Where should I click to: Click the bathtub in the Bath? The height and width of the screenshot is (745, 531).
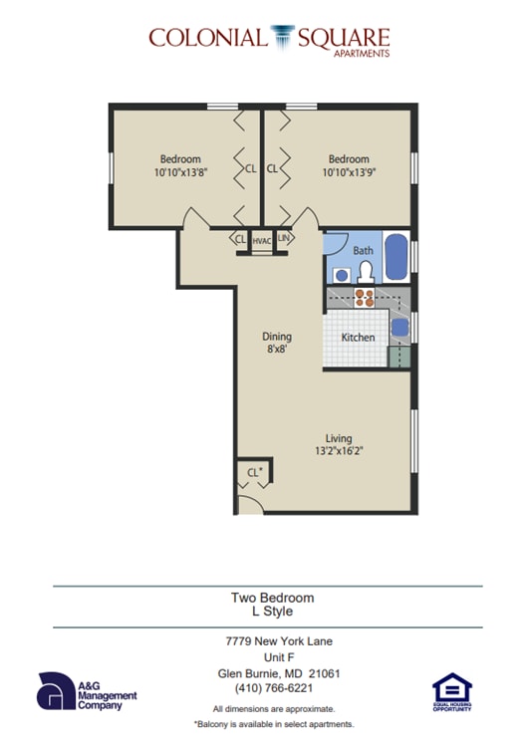tap(395, 257)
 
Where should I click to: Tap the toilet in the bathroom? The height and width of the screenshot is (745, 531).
tap(365, 270)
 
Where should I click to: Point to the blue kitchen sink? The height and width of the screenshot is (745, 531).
tap(399, 328)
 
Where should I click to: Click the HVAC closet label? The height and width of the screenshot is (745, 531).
tap(262, 240)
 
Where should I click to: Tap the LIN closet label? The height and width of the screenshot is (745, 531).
tap(283, 239)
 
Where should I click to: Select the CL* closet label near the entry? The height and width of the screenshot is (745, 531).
tap(254, 472)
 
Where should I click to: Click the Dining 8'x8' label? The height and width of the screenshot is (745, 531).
tap(277, 344)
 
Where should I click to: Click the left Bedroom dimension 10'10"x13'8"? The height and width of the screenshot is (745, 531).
tap(180, 171)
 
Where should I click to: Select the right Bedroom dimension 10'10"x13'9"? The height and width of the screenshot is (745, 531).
tap(349, 171)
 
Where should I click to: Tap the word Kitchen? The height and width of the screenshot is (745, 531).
tap(358, 338)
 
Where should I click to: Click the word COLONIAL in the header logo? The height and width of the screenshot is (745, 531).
tap(206, 38)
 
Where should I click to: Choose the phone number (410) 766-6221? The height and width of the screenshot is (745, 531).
tap(273, 687)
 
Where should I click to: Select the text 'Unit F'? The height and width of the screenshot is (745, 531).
tap(273, 656)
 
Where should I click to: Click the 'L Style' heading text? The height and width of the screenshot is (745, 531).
tap(272, 612)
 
